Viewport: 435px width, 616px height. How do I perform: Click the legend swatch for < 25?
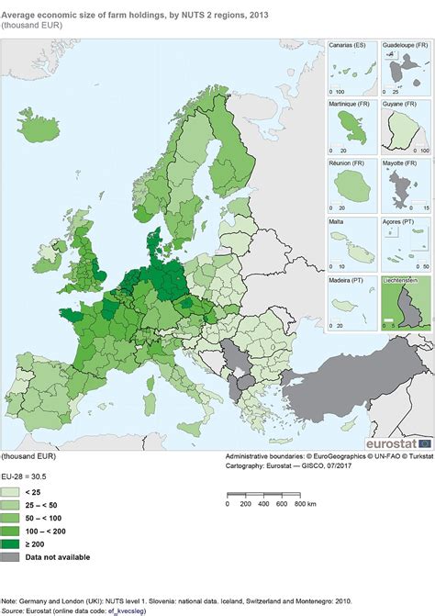[x=12, y=492]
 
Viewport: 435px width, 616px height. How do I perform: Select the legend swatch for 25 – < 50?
[x=12, y=505]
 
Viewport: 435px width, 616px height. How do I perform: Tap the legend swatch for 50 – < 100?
[x=12, y=518]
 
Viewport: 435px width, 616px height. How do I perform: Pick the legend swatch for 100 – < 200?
[x=12, y=531]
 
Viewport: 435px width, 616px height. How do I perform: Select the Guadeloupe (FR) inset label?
[x=405, y=44]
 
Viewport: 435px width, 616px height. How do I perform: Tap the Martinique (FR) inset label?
[x=351, y=104]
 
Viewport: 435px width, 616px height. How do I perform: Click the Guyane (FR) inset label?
[x=401, y=104]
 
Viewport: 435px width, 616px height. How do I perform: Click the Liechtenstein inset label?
[x=403, y=280]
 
